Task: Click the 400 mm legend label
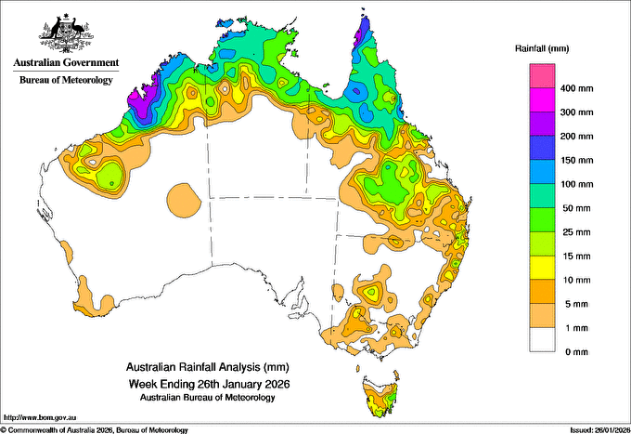[576, 88]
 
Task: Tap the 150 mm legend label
[576, 161]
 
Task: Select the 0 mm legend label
[576, 352]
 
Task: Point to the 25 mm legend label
[576, 232]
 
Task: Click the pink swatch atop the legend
[542, 76]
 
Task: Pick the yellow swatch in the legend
[542, 268]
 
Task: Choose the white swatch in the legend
[542, 340]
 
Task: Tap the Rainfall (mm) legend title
[542, 48]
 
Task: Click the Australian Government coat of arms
[66, 33]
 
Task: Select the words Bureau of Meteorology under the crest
[66, 80]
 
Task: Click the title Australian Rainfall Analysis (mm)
[207, 367]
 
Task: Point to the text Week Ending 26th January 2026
[209, 384]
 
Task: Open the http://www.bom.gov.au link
[40, 417]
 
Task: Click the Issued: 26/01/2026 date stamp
[599, 430]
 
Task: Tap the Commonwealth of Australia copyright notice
[94, 430]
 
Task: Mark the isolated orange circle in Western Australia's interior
[184, 201]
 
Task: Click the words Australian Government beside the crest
[66, 62]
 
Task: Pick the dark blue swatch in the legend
[542, 148]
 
